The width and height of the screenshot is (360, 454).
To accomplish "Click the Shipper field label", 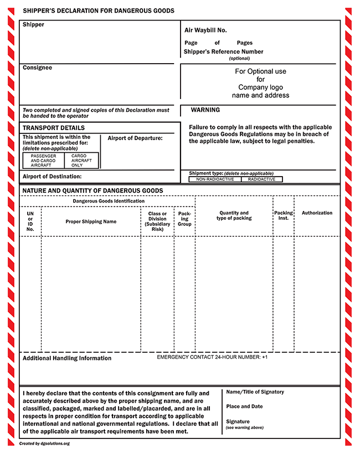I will [33, 25].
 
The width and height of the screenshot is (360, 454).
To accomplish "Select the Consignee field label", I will [37, 68].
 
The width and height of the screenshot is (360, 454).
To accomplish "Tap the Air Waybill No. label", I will [205, 30].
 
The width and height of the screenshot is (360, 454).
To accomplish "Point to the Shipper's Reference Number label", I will [223, 51].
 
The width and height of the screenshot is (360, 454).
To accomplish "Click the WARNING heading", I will [205, 110].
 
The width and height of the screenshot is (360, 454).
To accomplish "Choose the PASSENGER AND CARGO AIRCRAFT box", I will [43, 161].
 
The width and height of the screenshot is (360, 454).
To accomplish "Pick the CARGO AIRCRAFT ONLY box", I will [81, 161].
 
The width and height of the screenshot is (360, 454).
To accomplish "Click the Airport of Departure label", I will [135, 138].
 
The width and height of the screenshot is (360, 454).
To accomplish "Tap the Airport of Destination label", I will [52, 177].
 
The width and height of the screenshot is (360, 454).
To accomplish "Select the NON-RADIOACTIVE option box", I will [215, 179].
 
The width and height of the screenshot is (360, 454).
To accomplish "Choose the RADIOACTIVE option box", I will [261, 179].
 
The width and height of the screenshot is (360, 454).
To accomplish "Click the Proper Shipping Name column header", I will [91, 221].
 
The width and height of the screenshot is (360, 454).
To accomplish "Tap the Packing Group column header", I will [184, 218].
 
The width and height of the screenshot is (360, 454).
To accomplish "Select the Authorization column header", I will [317, 213].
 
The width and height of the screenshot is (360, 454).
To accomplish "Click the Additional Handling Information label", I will [67, 358].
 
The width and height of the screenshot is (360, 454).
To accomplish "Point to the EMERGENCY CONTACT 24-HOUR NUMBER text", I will [212, 357].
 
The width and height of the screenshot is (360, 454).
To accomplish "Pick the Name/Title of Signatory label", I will [255, 392].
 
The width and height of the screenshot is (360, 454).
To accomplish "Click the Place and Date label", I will [244, 406].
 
